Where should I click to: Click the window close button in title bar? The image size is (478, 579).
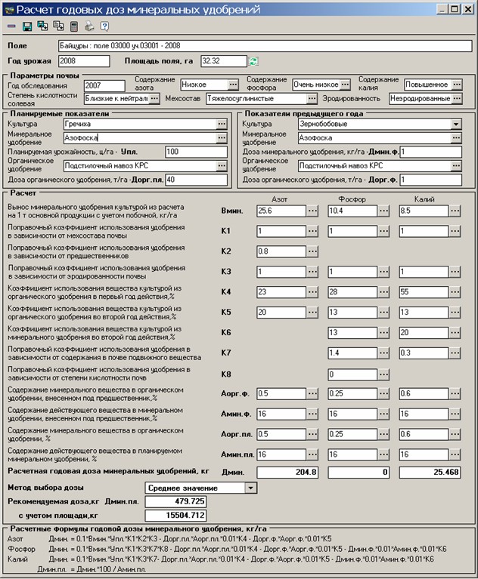tap(466, 11)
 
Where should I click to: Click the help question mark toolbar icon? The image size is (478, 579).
tap(104, 26)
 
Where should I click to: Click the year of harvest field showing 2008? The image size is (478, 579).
tap(77, 60)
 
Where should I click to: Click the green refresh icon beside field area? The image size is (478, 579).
tap(254, 60)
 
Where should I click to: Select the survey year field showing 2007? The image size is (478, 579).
tap(104, 85)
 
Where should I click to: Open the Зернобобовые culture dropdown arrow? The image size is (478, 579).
tap(456, 124)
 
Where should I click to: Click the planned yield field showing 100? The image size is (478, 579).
tap(195, 152)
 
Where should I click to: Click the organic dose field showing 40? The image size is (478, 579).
tap(195, 180)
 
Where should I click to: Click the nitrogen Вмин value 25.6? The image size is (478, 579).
tap(281, 211)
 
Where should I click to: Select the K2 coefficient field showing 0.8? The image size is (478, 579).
tap(281, 251)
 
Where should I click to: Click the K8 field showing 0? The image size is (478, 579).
tap(352, 374)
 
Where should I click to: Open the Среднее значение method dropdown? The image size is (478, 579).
tap(251, 488)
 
